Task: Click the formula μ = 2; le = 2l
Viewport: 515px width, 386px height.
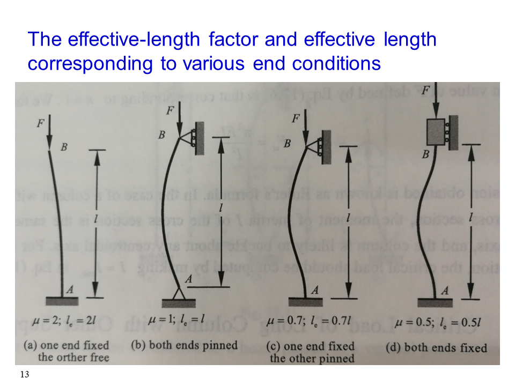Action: pyautogui.click(x=64, y=322)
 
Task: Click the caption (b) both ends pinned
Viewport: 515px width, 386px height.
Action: pyautogui.click(x=184, y=345)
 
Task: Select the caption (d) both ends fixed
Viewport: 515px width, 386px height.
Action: pyautogui.click(x=436, y=347)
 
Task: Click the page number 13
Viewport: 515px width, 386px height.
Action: pyautogui.click(x=24, y=375)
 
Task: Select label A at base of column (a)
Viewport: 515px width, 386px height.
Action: pyautogui.click(x=69, y=289)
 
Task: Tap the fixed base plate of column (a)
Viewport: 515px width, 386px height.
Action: pyautogui.click(x=64, y=299)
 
